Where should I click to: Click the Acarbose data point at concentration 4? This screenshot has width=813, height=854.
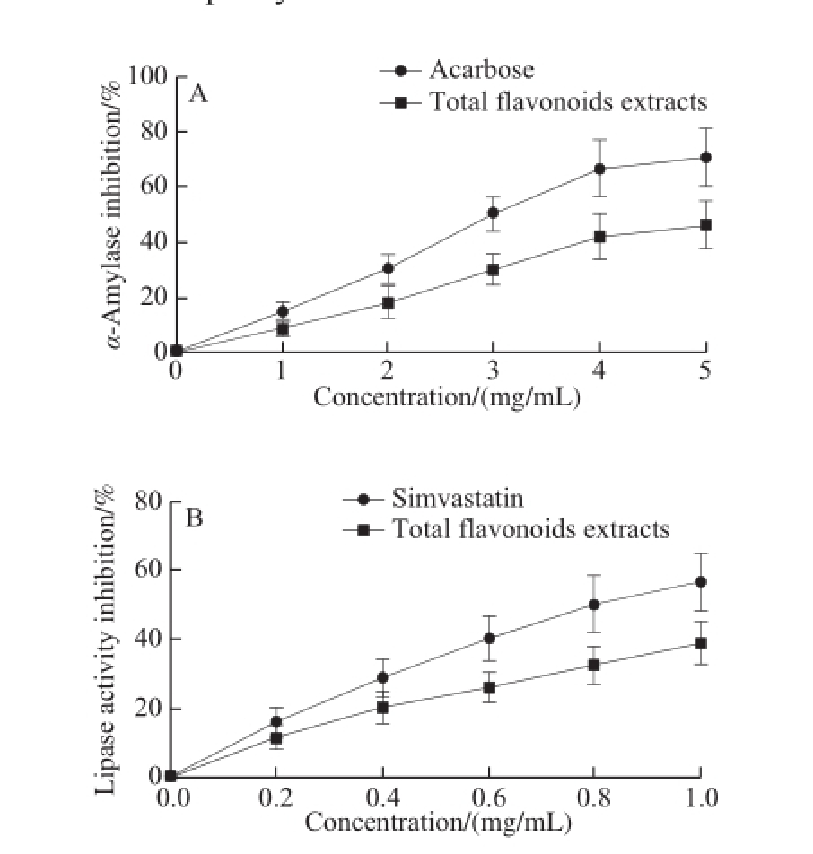coord(599,169)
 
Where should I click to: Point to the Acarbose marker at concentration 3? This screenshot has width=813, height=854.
coord(493,213)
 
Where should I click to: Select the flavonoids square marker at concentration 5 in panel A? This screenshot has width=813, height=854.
coord(706,225)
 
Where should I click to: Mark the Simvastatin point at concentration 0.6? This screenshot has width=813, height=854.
coord(489,638)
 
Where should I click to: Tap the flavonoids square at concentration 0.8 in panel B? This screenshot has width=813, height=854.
coord(594,665)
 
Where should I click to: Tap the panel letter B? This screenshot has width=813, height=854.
coord(193,518)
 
